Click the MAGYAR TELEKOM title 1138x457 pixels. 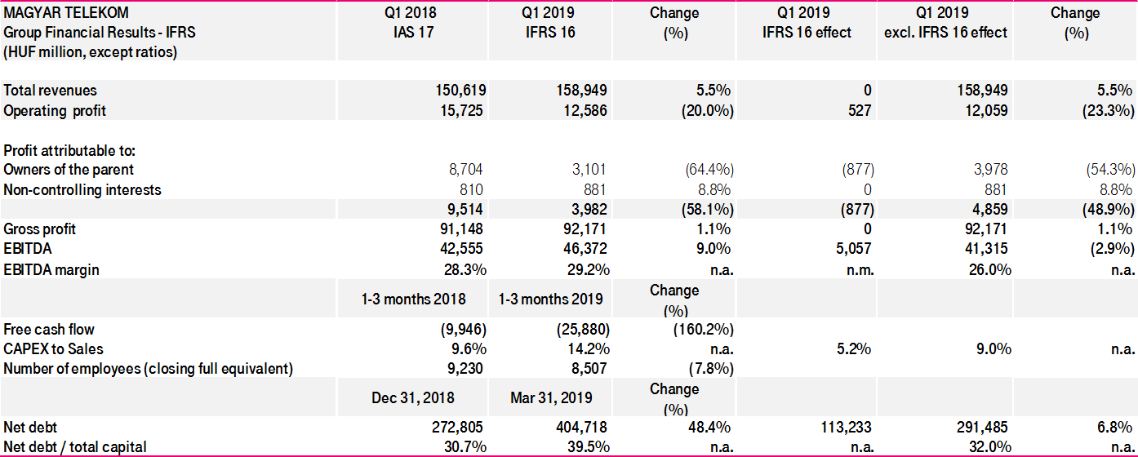point(66,13)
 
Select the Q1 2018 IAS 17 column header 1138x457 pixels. point(411,23)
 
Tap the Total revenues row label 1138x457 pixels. point(51,91)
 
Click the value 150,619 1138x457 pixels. point(460,91)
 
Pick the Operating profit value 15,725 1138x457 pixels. point(463,110)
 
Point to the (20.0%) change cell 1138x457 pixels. point(707,110)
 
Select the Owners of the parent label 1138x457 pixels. point(69,170)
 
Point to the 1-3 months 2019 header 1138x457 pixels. point(551,299)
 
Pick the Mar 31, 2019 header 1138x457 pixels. point(551,398)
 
